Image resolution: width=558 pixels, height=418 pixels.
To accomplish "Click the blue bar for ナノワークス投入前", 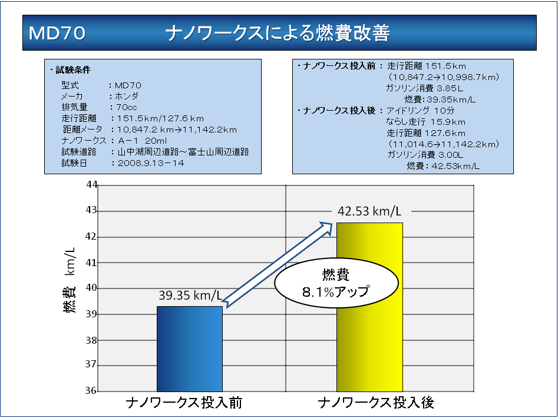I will [x=189, y=349].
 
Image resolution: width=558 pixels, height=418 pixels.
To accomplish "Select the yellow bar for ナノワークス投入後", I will [x=369, y=307].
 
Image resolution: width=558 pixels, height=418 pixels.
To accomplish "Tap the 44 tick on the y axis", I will [x=91, y=185].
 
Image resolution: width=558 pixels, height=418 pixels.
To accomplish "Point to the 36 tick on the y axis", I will [x=91, y=391].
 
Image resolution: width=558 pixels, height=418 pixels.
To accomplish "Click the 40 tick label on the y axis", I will [x=91, y=288].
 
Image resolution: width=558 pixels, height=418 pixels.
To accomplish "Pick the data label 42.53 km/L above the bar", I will [x=369, y=211].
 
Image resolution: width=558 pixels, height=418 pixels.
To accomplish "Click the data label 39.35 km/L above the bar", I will [x=189, y=295].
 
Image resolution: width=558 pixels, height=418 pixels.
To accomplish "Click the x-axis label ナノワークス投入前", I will [x=184, y=403].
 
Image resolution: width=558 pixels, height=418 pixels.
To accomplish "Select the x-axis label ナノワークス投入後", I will [x=376, y=403].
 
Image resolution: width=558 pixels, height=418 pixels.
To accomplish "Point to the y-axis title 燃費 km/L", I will [x=70, y=279].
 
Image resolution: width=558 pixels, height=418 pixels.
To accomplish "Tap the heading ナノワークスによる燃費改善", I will [x=278, y=33].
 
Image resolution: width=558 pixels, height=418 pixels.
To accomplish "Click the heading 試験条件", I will [x=72, y=70].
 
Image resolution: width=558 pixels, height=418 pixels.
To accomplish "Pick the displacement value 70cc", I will [x=127, y=107].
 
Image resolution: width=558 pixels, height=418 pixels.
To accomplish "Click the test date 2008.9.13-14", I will [x=151, y=163].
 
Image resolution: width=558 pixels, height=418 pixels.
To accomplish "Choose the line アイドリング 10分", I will [x=420, y=110].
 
